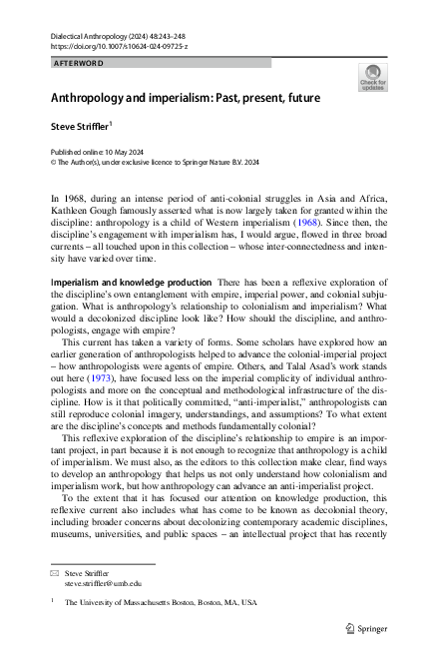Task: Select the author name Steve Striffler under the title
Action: (x=83, y=128)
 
